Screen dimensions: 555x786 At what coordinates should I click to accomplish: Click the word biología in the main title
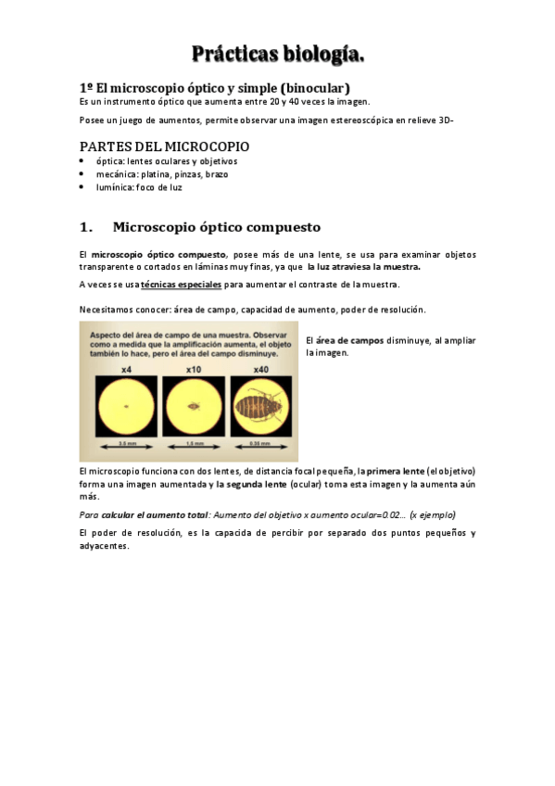tap(321, 56)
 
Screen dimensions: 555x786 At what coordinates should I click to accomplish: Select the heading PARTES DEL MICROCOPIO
tap(164, 146)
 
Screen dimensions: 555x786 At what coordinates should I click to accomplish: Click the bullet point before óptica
tap(82, 161)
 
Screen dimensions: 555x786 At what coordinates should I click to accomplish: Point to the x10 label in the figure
tap(194, 370)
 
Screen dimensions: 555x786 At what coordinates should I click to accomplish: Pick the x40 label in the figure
tap(262, 370)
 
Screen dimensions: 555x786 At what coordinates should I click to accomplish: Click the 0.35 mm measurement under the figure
tap(262, 446)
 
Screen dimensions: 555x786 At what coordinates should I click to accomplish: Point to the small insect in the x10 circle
tap(194, 406)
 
